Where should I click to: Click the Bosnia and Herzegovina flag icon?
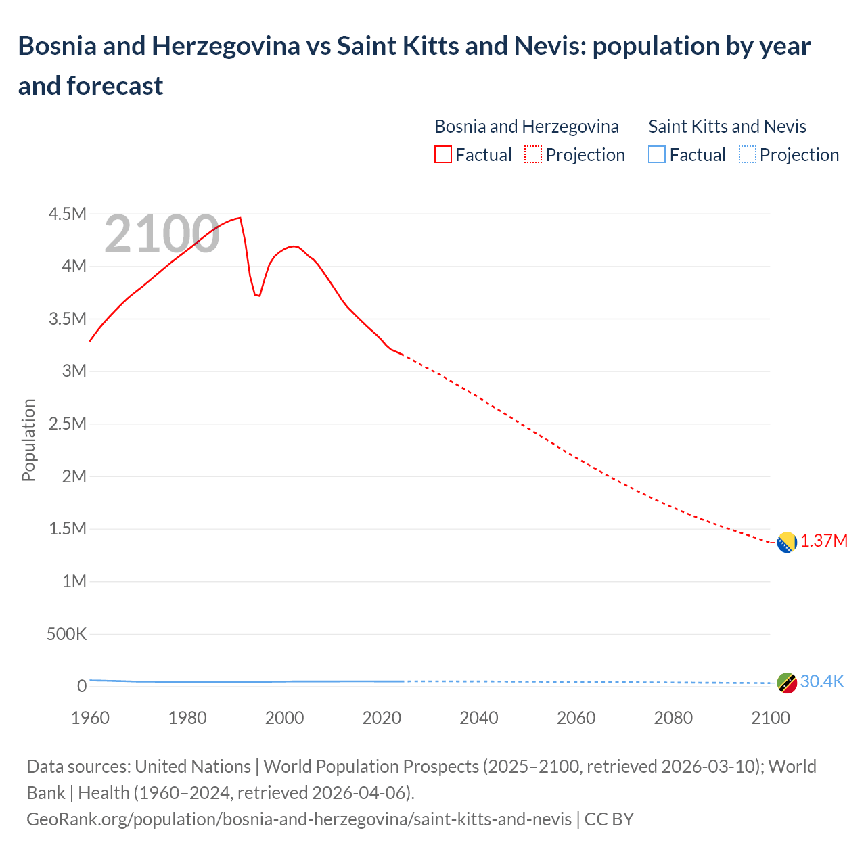tap(786, 543)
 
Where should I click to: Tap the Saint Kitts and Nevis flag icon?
tap(786, 683)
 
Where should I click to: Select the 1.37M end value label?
tap(824, 541)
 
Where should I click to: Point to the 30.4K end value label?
tap(822, 681)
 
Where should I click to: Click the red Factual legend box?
tap(442, 155)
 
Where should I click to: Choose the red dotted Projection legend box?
tap(533, 155)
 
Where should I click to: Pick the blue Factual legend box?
tap(656, 155)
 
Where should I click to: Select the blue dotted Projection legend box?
tap(747, 155)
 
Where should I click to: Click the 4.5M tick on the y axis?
tap(68, 214)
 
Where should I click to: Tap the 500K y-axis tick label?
tap(66, 635)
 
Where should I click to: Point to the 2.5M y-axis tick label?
tap(68, 424)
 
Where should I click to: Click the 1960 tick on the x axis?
tap(90, 718)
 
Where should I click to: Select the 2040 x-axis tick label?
tap(479, 718)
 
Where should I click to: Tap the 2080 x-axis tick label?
tap(673, 718)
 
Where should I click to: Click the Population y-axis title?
tap(28, 440)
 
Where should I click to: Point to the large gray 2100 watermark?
tap(162, 234)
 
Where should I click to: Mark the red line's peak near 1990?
tap(240, 218)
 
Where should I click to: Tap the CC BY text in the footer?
tap(609, 819)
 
